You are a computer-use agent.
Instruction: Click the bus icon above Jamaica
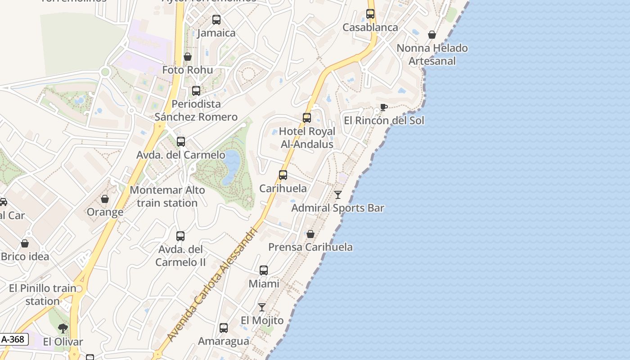216,20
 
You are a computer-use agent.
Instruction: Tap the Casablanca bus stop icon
370,14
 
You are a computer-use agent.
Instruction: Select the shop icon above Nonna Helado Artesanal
432,35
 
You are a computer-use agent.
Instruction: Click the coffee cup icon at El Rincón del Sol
383,107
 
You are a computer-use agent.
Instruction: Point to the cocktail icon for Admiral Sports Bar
338,195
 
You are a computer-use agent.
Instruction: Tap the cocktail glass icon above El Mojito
262,307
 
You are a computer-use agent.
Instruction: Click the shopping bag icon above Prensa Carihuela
310,234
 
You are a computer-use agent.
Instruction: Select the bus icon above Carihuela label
283,175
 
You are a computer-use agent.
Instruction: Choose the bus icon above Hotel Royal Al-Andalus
307,118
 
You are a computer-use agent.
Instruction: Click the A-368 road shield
13,339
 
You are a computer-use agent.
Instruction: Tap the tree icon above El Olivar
63,328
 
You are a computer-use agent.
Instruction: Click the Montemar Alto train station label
167,197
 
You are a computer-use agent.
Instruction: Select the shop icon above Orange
105,199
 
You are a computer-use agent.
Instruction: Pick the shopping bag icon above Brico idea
25,243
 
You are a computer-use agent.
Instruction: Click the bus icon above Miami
264,270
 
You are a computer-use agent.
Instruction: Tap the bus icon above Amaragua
224,328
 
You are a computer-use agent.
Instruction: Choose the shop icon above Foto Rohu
188,57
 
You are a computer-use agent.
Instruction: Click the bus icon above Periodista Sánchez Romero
196,91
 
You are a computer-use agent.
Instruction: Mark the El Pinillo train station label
42,294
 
